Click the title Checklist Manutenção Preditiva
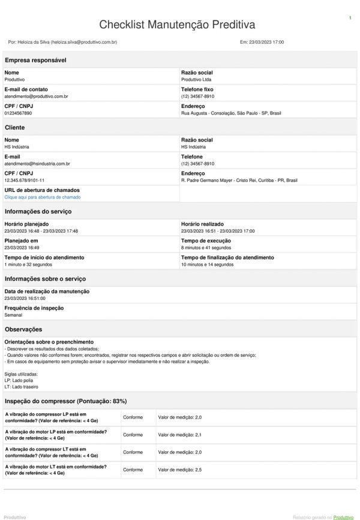tap(177, 25)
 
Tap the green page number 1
tap(350, 19)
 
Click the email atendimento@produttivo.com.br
tap(36, 96)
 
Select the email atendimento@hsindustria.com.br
tap(37, 163)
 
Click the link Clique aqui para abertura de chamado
tap(43, 197)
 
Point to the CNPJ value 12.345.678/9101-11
tap(25, 180)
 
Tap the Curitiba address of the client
tap(239, 180)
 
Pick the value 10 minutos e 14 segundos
tap(207, 264)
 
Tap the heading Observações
tap(23, 329)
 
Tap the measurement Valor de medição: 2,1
tap(179, 434)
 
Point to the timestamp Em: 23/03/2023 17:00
tap(262, 43)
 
